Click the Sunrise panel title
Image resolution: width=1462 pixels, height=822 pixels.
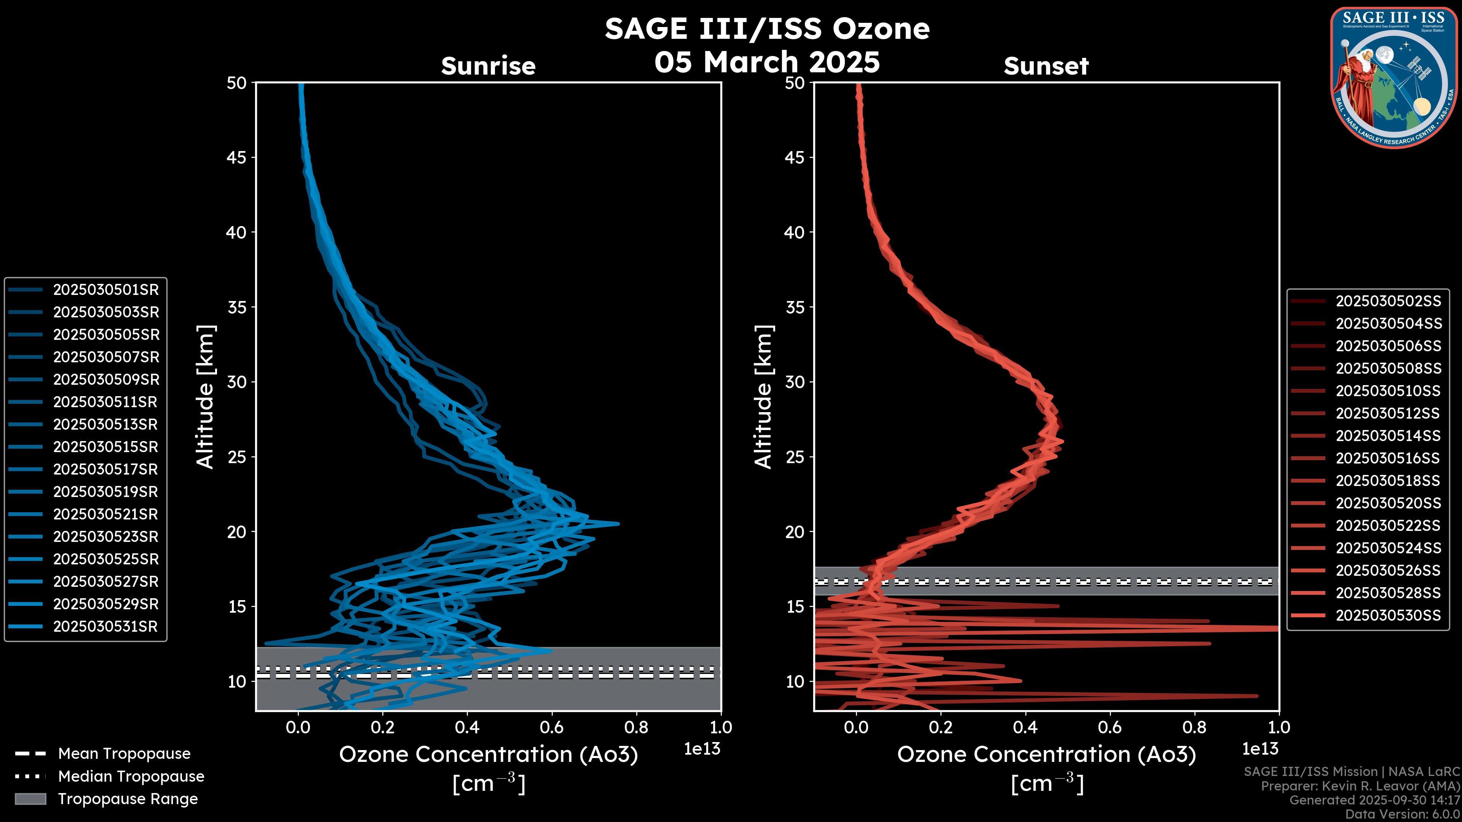point(488,66)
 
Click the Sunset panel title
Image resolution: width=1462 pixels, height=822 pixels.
point(1046,66)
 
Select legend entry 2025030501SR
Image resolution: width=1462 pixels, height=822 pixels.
point(105,290)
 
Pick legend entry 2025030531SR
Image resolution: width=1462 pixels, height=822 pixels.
point(105,626)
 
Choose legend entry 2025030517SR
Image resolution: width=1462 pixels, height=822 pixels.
point(105,469)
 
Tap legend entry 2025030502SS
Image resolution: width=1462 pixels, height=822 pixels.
point(1388,301)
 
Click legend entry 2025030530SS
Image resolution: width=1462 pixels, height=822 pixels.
point(1388,615)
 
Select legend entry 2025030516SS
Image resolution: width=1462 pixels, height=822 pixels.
point(1388,458)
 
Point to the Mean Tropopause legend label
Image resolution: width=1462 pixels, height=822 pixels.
point(124,753)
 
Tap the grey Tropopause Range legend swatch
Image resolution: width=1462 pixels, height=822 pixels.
point(30,799)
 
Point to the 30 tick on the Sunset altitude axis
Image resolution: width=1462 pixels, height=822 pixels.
point(795,382)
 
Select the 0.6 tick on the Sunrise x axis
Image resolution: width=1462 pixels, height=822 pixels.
point(552,727)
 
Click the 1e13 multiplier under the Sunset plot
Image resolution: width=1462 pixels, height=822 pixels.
point(1260,749)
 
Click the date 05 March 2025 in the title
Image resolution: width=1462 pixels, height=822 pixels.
point(767,61)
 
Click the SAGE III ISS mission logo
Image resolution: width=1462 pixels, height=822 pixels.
point(1394,77)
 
